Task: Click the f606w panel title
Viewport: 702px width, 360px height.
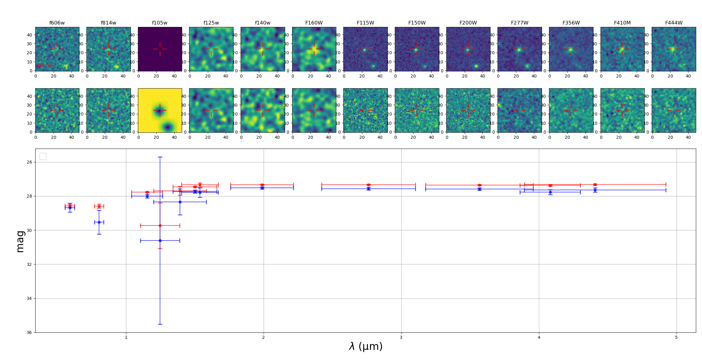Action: coord(57,23)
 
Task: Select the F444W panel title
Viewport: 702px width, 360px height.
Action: coord(673,23)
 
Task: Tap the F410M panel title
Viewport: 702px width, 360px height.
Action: coord(622,23)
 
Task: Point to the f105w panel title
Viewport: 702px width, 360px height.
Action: coord(160,23)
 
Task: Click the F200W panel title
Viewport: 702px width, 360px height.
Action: coord(468,23)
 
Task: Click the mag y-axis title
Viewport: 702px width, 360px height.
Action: coord(20,241)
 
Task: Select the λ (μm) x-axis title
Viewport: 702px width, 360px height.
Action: coord(365,347)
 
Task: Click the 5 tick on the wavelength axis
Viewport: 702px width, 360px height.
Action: coord(676,338)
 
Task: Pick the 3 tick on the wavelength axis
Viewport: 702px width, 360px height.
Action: coord(401,338)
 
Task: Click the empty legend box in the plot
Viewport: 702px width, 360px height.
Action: coord(43,157)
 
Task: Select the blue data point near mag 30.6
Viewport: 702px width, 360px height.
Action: coord(160,241)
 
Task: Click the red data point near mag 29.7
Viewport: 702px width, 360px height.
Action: coord(160,225)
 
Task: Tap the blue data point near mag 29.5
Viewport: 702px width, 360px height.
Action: coord(99,222)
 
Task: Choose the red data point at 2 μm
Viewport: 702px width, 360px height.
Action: coord(262,185)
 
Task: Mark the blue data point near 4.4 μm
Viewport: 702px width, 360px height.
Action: coord(595,190)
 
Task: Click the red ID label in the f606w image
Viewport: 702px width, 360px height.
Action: coord(45,66)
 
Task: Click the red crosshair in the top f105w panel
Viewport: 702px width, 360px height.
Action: coord(160,49)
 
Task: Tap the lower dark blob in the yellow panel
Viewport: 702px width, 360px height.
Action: coord(168,127)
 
